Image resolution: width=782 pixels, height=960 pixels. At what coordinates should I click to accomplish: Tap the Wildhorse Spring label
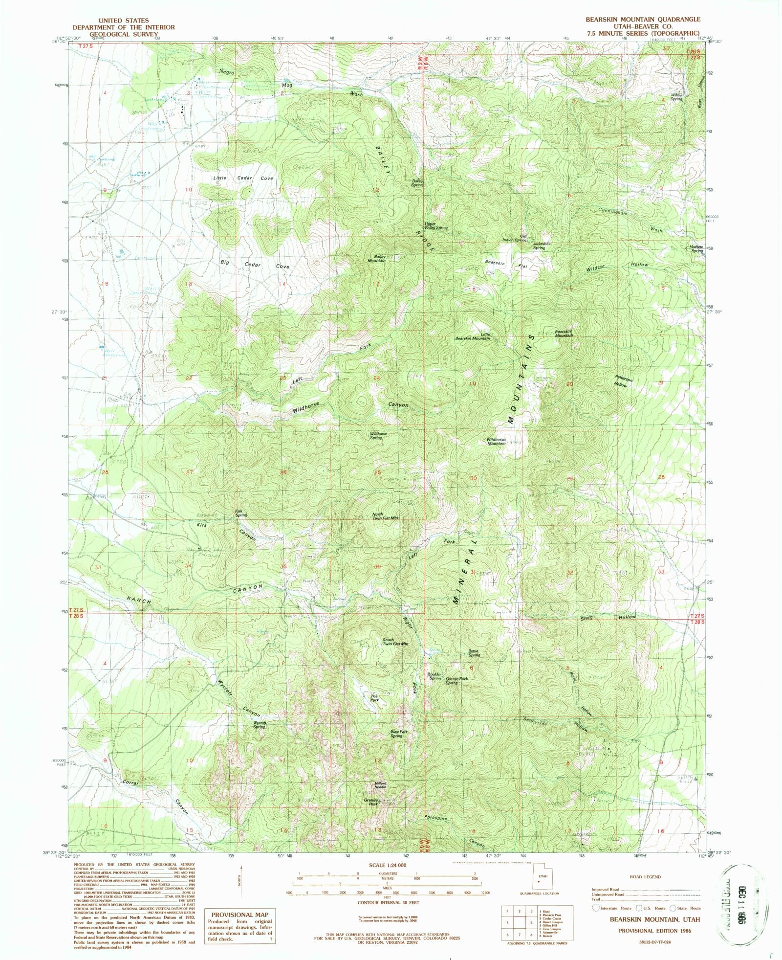[x=378, y=435]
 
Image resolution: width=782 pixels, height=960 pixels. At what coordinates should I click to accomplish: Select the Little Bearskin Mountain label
[x=473, y=336]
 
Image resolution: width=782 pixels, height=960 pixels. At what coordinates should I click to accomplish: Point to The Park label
[x=374, y=698]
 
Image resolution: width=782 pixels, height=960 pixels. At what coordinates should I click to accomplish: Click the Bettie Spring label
[x=474, y=653]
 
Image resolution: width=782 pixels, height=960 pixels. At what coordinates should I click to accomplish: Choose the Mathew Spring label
[x=696, y=248]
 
